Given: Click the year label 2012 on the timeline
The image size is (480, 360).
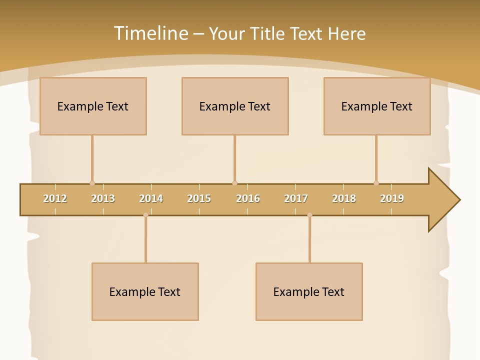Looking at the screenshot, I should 55,198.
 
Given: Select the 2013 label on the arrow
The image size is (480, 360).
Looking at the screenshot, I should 103,198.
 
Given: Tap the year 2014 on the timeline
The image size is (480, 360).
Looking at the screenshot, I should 151,198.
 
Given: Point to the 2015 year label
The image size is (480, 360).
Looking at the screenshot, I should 199,198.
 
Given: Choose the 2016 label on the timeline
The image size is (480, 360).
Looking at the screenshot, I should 248,198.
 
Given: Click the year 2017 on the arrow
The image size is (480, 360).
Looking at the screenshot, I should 296,198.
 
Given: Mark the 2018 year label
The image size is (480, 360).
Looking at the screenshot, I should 344,198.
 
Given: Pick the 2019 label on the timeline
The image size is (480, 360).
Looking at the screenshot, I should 392,198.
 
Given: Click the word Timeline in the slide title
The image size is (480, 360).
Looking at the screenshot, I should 150,33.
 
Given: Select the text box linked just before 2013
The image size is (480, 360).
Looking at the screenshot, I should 93,106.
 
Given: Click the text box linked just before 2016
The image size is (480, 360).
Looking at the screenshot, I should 235,106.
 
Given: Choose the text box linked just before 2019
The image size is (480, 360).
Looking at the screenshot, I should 377,106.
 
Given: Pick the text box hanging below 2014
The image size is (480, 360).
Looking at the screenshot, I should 145,291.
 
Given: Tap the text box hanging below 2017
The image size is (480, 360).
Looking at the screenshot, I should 309,291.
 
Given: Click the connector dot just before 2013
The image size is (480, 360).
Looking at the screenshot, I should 92,183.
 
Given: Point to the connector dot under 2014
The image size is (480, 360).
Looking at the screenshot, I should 145,215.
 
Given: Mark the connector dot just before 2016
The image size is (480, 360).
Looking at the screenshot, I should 234,183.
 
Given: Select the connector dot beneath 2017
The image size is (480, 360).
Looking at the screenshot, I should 309,215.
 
